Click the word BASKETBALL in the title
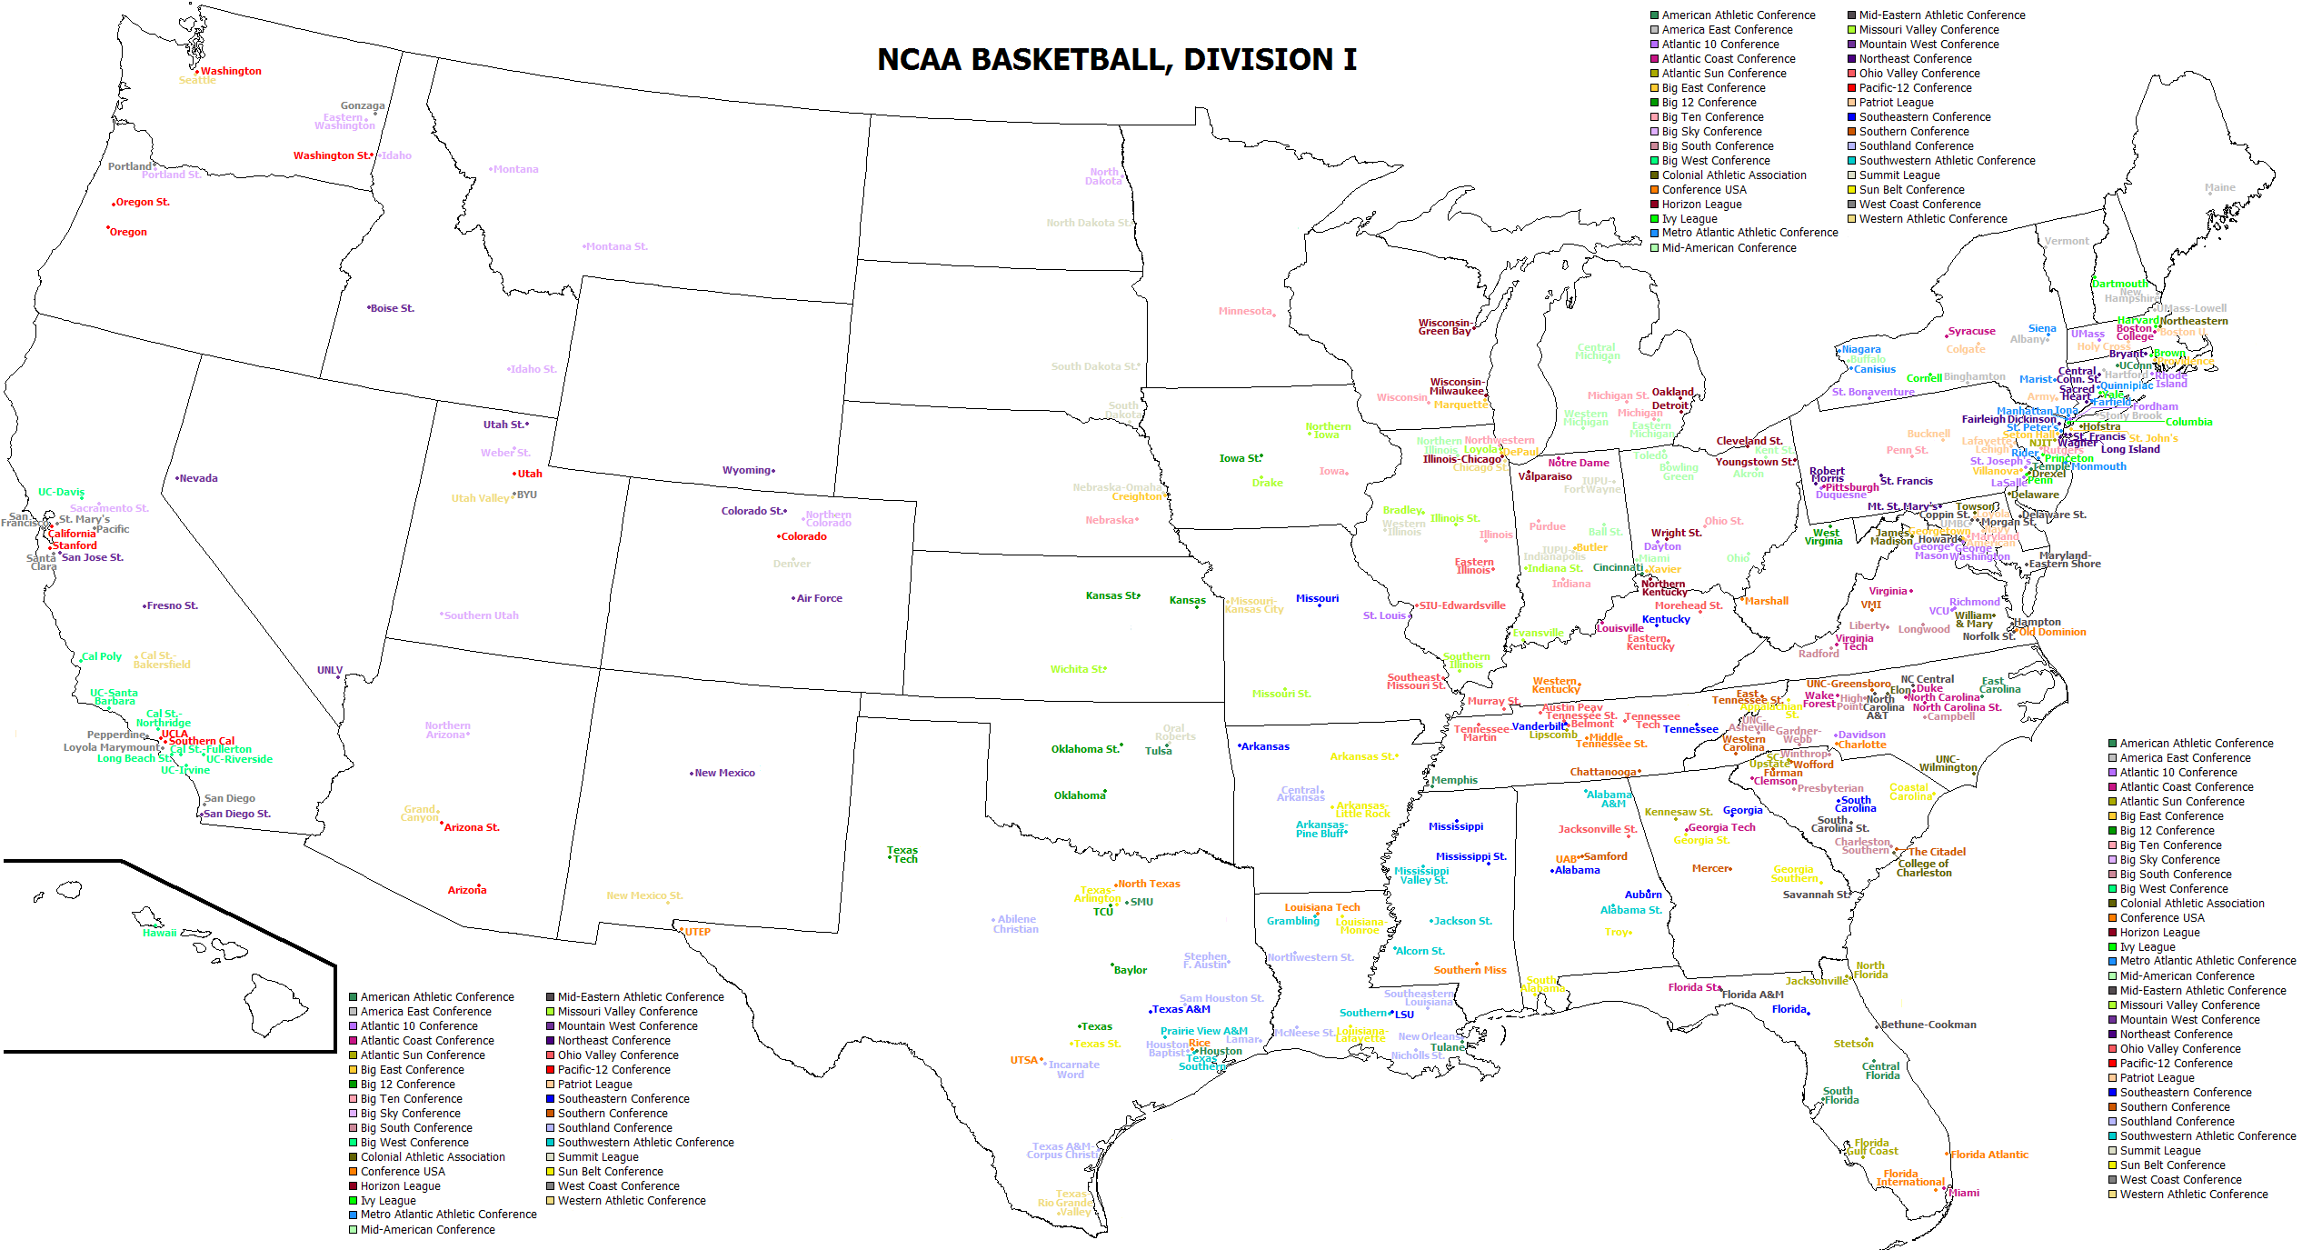[1070, 60]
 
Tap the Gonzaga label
[363, 106]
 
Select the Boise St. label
[392, 309]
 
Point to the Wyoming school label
[747, 471]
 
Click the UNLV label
[330, 671]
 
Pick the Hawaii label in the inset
[159, 934]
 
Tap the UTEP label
[697, 933]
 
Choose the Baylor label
[1131, 971]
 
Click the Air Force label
[819, 599]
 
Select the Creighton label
[1137, 497]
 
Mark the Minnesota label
[1245, 312]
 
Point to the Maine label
[2219, 188]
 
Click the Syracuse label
[1971, 332]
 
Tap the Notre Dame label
[1579, 464]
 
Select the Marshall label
[1766, 602]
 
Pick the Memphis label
[1454, 781]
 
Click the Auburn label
[1643, 895]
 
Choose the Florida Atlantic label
[1989, 1155]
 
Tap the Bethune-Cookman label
[1928, 1025]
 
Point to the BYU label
[527, 495]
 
